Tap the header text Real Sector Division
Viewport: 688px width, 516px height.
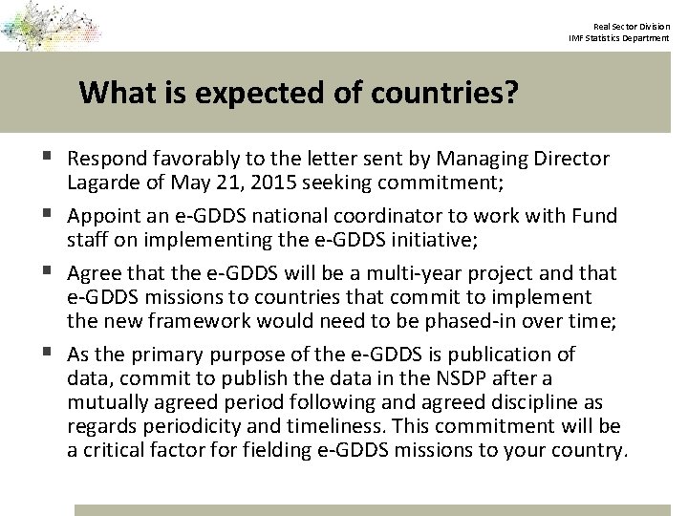(x=631, y=26)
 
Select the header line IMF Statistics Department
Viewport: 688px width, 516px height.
(x=618, y=37)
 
